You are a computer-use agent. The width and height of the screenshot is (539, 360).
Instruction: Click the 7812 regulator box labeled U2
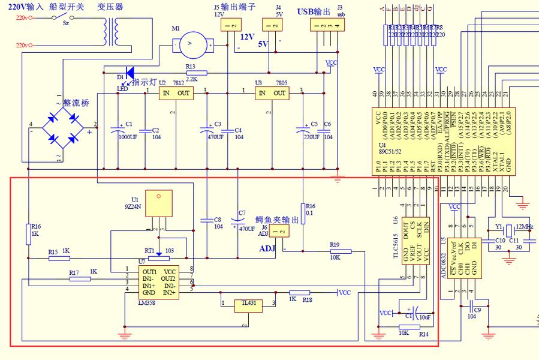[176, 93]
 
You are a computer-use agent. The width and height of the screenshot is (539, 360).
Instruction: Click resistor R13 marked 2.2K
[196, 73]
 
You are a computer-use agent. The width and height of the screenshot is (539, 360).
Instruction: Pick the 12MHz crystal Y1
[509, 230]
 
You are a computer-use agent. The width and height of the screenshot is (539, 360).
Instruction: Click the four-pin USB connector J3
[327, 25]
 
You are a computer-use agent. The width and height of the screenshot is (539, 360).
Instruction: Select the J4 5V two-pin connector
[272, 25]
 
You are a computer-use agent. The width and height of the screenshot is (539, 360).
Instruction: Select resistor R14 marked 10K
[409, 327]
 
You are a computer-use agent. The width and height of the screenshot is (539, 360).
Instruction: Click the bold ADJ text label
[267, 248]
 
